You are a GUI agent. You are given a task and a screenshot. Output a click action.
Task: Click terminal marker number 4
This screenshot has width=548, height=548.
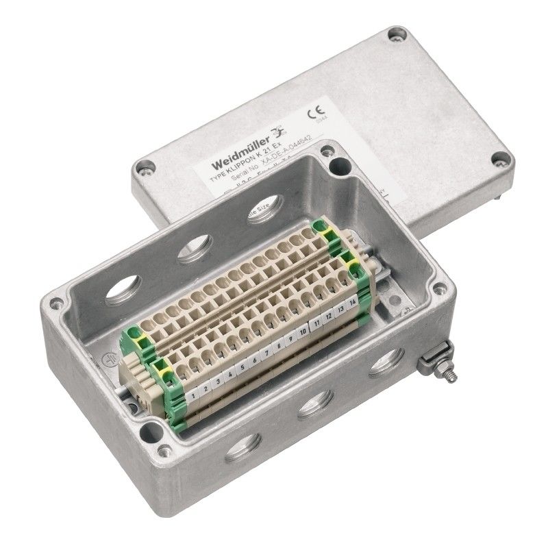coord(228,375)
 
